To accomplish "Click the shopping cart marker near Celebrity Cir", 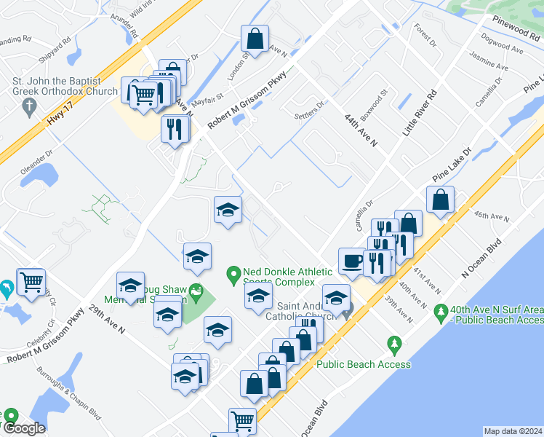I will (x=31, y=281).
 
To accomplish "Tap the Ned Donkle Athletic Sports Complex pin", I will (x=233, y=275).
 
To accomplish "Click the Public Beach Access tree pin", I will (x=395, y=342).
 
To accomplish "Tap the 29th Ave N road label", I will (x=108, y=318).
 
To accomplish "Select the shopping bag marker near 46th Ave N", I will (x=441, y=199).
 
